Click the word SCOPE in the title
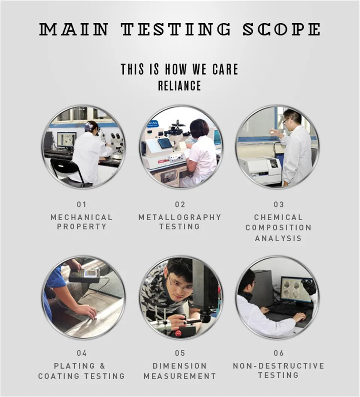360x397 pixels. [x=282, y=29]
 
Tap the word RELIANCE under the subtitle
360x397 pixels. [x=180, y=86]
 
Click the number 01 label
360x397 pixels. [x=82, y=205]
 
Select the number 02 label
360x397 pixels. [x=180, y=205]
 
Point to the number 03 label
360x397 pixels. [x=279, y=205]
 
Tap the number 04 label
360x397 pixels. [x=82, y=353]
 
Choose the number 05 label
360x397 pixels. [x=180, y=353]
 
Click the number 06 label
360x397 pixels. [x=279, y=353]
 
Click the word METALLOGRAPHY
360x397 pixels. [x=180, y=217]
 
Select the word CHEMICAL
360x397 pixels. [x=278, y=217]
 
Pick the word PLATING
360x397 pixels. [x=74, y=366]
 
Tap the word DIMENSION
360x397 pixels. [x=180, y=366]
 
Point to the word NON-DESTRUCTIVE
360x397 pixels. [x=279, y=366]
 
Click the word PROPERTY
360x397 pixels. [x=82, y=226]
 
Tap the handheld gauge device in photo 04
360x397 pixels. [x=85, y=276]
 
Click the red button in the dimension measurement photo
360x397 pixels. [x=178, y=334]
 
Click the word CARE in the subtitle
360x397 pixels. [x=225, y=69]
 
